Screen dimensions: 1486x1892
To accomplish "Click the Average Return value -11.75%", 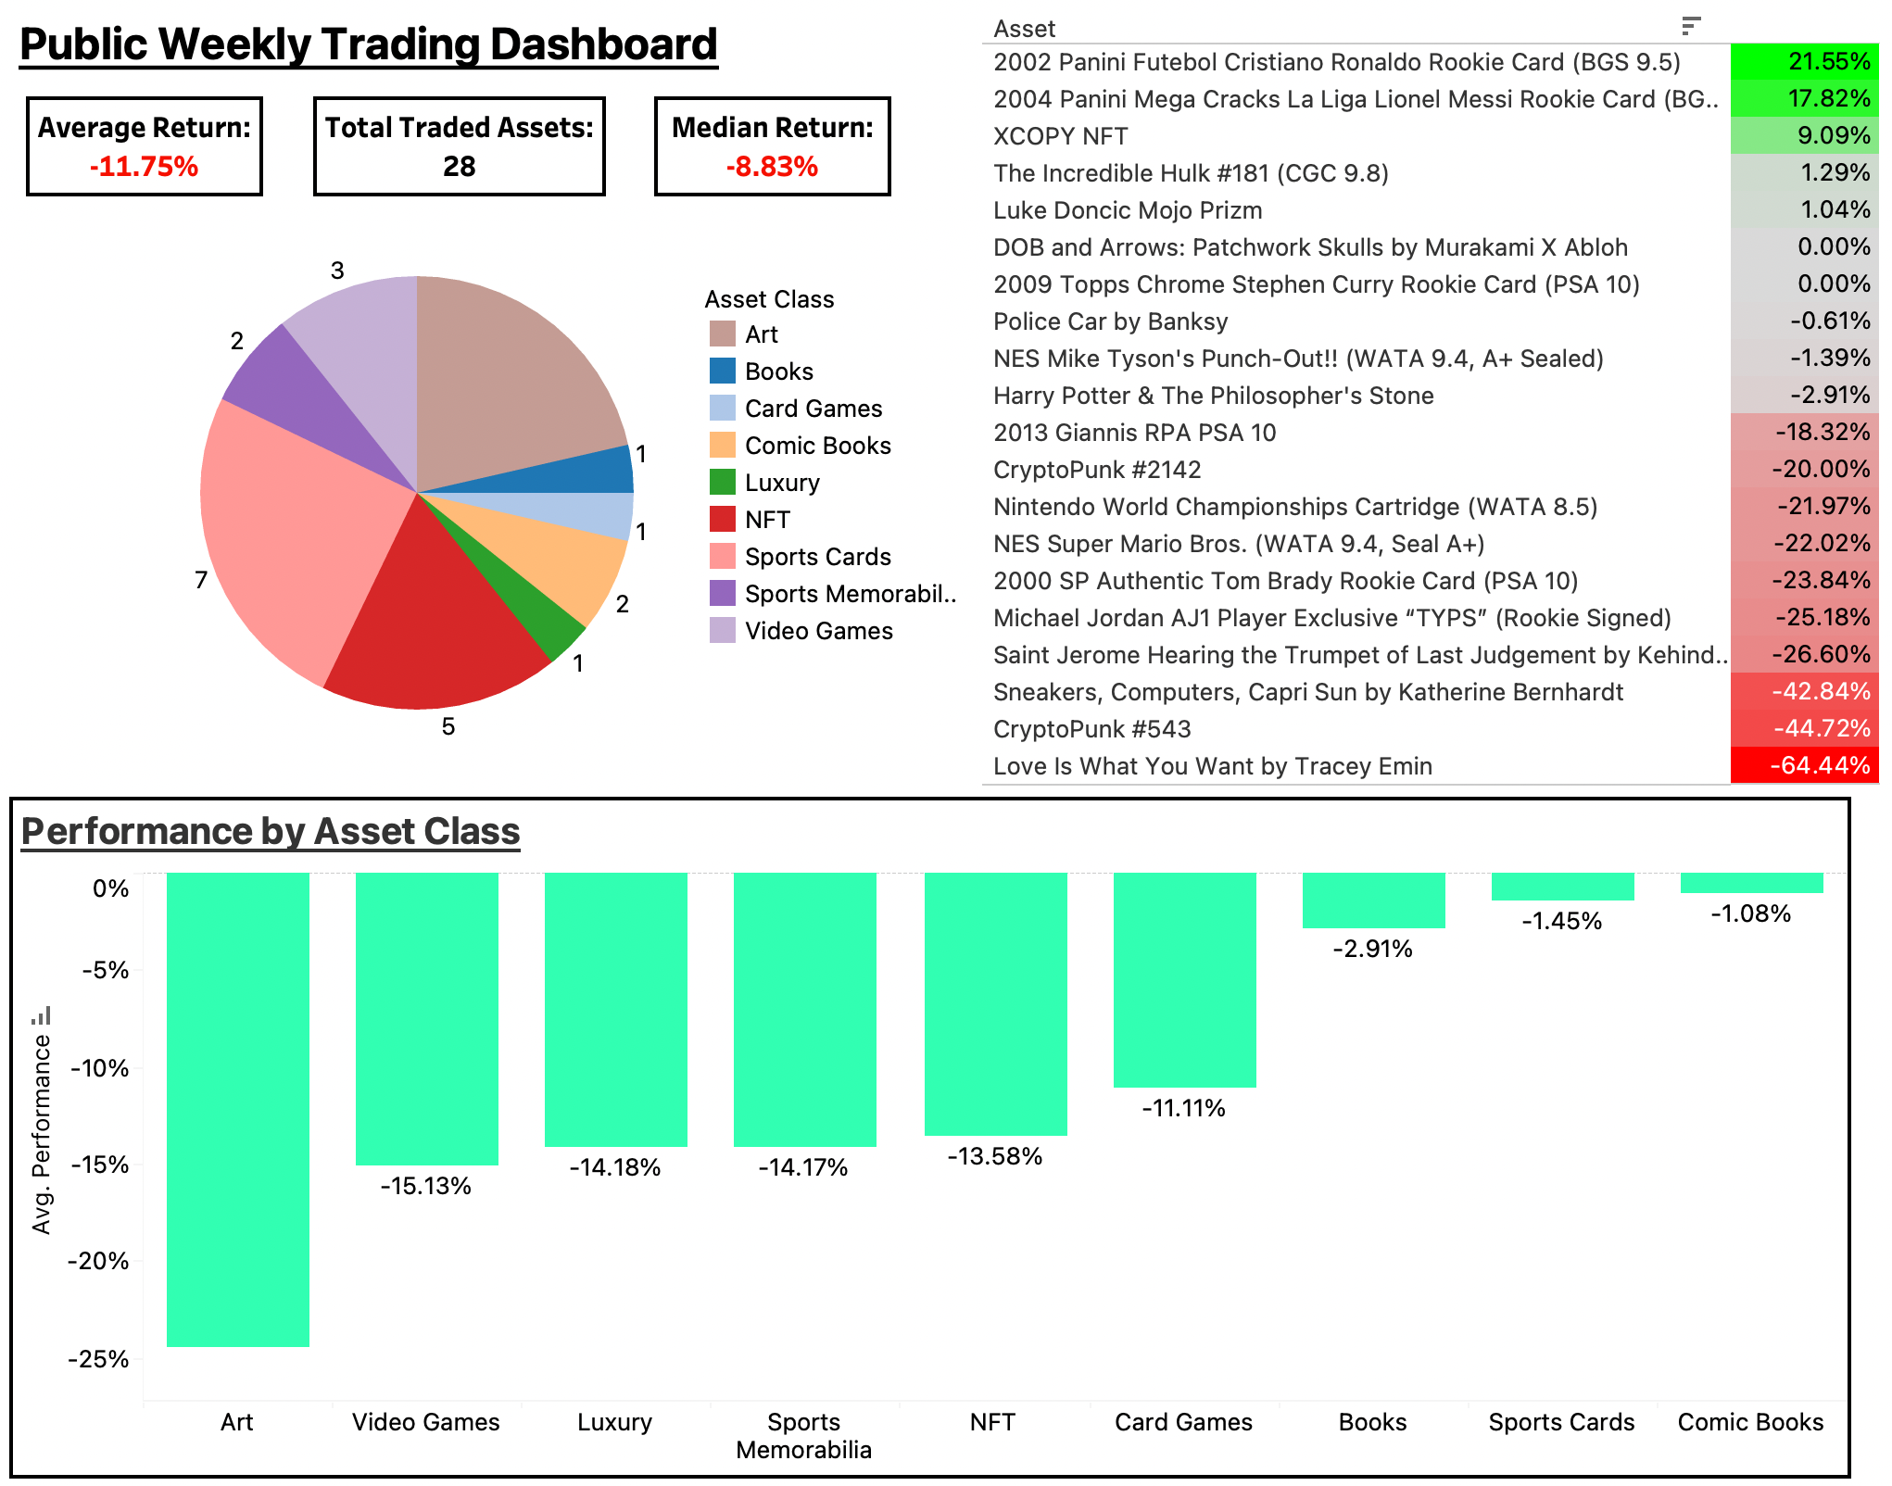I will pyautogui.click(x=144, y=167).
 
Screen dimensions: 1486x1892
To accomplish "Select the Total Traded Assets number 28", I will pyautogui.click(x=459, y=167).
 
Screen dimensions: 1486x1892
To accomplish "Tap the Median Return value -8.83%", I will pyautogui.click(x=772, y=167).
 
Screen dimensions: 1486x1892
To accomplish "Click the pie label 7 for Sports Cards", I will pyautogui.click(x=201, y=581).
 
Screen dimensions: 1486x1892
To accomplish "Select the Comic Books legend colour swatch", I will pyautogui.click(x=722, y=446).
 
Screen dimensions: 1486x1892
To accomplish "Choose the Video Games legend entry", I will pyautogui.click(x=818, y=631).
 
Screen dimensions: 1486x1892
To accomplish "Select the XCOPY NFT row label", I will pyautogui.click(x=1060, y=136).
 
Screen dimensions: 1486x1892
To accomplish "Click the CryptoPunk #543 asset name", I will pyautogui.click(x=1091, y=729).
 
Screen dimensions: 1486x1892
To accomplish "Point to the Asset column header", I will pyautogui.click(x=1024, y=29).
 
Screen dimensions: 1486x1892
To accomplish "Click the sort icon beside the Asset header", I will pyautogui.click(x=1691, y=26).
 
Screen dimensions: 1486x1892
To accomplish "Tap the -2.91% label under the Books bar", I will pyautogui.click(x=1372, y=949).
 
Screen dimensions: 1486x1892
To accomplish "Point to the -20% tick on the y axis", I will pyautogui.click(x=98, y=1261).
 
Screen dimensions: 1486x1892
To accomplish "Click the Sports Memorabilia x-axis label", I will pyautogui.click(x=803, y=1435).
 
